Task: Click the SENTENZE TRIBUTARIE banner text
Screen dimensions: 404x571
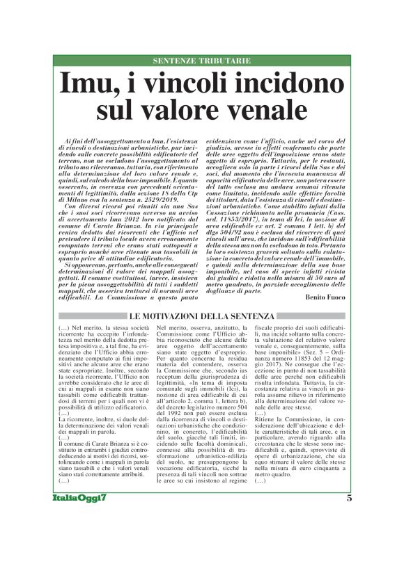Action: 201,61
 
